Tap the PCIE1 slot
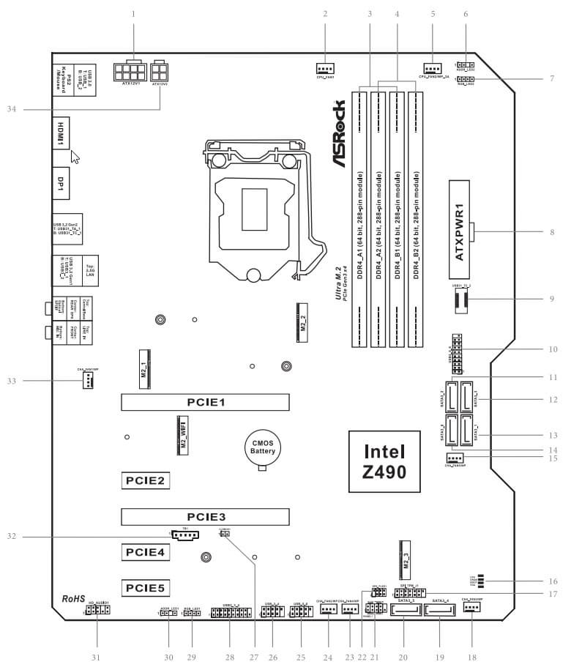pyautogui.click(x=205, y=401)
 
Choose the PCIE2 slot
pyautogui.click(x=146, y=480)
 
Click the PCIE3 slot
pyautogui.click(x=205, y=515)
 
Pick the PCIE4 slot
pyautogui.click(x=146, y=551)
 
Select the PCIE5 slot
pyautogui.click(x=146, y=587)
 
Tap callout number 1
pyautogui.click(x=133, y=13)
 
